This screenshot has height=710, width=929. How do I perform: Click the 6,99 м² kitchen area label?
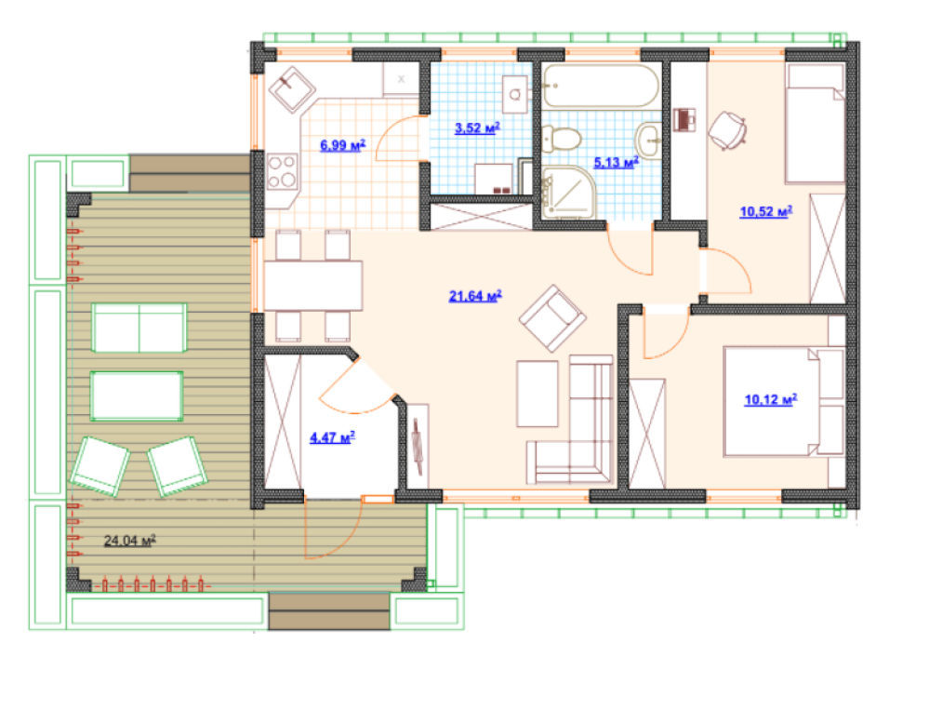point(342,144)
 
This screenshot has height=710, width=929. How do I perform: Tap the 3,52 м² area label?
point(477,127)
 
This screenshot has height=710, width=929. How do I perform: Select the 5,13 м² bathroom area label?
point(617,162)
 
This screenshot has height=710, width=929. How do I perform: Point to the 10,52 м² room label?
point(766,211)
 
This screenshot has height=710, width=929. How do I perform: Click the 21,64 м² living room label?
point(475,295)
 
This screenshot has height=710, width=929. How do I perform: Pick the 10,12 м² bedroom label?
point(770,399)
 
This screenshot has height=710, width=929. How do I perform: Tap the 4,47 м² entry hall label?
point(332,437)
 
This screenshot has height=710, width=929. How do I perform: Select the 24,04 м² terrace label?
point(130,540)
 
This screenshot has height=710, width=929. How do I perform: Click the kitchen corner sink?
point(292,89)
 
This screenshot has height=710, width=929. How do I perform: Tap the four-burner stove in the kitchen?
point(282,171)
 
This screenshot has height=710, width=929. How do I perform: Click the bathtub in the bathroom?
point(601,87)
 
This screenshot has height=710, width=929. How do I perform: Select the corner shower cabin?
point(567,192)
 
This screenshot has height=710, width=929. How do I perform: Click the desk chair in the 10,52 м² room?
point(727,130)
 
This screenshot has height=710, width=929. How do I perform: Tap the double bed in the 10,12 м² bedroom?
point(783,402)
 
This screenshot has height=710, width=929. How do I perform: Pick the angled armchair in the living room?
point(552,318)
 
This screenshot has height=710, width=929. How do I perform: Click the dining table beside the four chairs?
point(312,285)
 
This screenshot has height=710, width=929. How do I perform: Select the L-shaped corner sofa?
point(570,420)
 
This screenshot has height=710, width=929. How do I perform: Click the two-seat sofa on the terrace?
point(139,328)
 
